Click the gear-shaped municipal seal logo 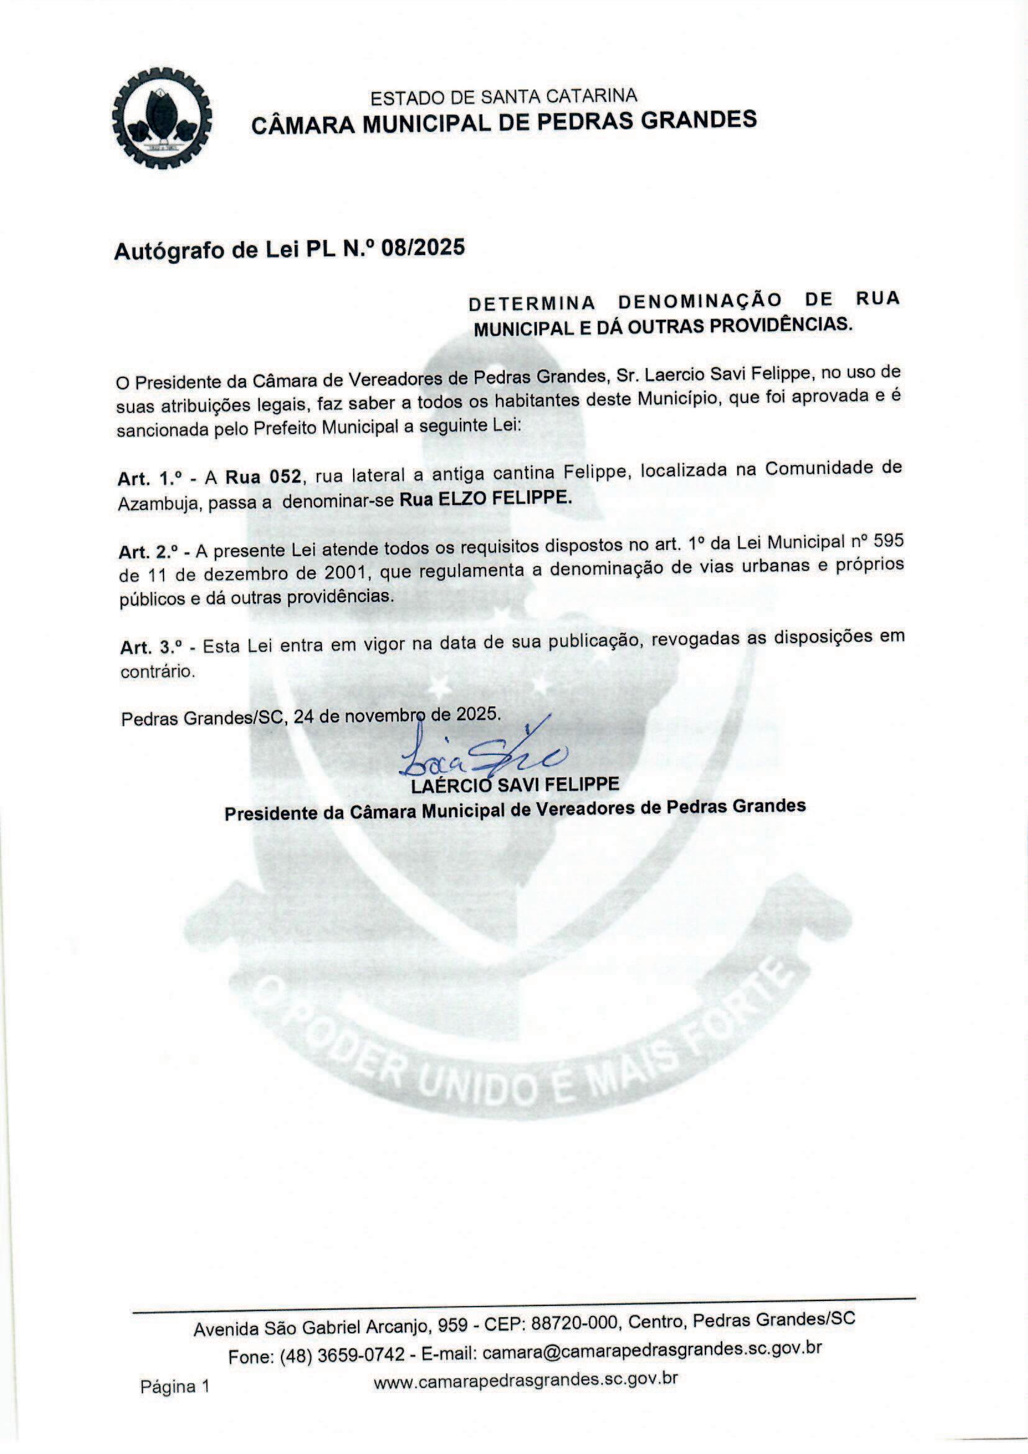(x=162, y=118)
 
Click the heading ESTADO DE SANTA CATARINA (x=503, y=96)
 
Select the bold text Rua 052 (x=263, y=476)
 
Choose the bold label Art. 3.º (x=152, y=647)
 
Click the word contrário (x=158, y=672)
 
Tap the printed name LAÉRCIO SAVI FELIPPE (x=515, y=785)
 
